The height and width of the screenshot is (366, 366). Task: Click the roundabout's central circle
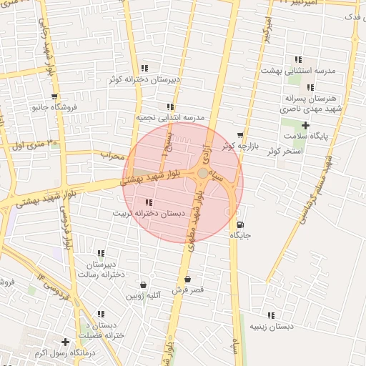point(204,174)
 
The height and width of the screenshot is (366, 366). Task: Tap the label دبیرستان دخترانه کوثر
point(143,79)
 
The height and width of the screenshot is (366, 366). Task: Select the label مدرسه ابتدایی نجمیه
point(171,117)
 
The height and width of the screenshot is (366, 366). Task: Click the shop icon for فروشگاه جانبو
point(54,97)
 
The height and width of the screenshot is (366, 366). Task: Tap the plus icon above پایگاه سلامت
point(305,125)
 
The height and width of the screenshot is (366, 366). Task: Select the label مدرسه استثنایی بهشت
point(298,71)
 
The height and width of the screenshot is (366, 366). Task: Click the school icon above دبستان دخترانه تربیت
point(149,202)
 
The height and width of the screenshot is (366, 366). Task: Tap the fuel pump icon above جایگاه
point(239,224)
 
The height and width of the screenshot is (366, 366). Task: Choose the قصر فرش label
point(188,290)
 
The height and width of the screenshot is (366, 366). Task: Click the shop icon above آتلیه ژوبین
point(144,285)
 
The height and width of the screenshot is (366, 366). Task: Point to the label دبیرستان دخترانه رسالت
point(102,269)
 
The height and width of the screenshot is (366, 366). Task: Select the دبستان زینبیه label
point(271,326)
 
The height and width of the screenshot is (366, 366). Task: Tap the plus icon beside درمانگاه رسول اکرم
point(66,342)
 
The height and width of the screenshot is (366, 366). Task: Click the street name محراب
point(112,154)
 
